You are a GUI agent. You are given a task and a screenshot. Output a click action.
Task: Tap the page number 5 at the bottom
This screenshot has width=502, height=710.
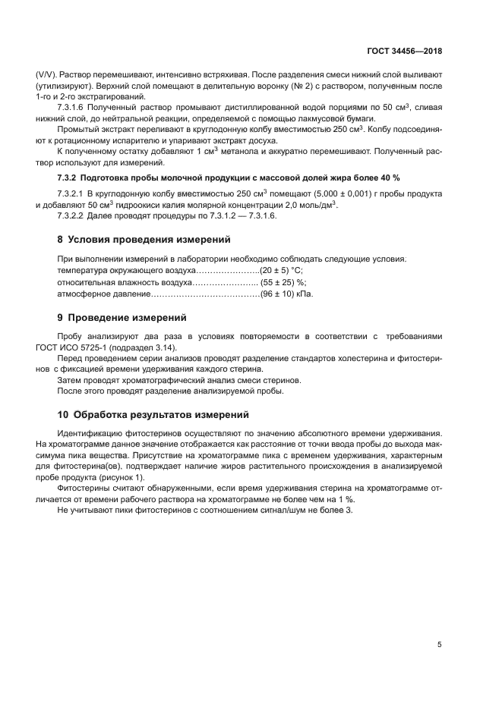click(x=439, y=645)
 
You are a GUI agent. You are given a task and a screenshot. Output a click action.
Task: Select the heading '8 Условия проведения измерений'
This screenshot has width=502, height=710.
click(x=144, y=240)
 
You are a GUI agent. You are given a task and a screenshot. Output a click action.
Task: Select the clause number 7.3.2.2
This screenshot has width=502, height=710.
click(x=74, y=216)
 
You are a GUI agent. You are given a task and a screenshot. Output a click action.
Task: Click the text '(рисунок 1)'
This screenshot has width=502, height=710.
click(x=118, y=477)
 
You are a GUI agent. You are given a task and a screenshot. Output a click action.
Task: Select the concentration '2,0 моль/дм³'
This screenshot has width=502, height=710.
click(x=309, y=206)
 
